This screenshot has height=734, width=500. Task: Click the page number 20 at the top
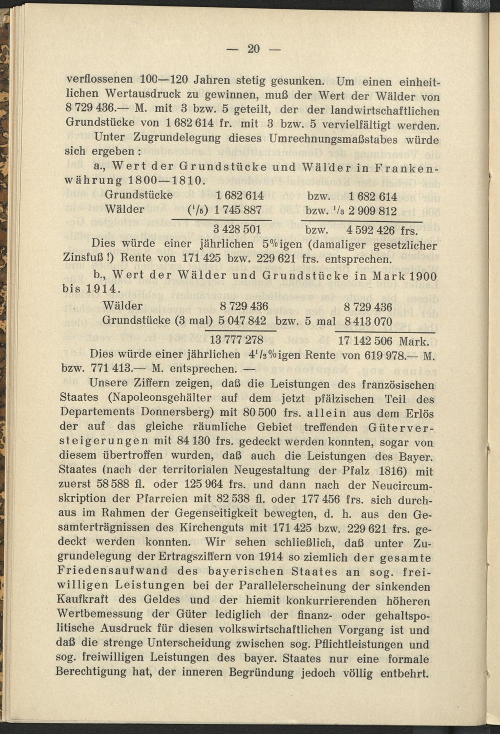pyautogui.click(x=253, y=49)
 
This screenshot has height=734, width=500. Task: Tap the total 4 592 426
pyautogui.click(x=370, y=231)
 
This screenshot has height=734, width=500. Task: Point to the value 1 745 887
pyautogui.click(x=238, y=210)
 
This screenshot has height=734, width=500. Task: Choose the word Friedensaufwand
pyautogui.click(x=114, y=571)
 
